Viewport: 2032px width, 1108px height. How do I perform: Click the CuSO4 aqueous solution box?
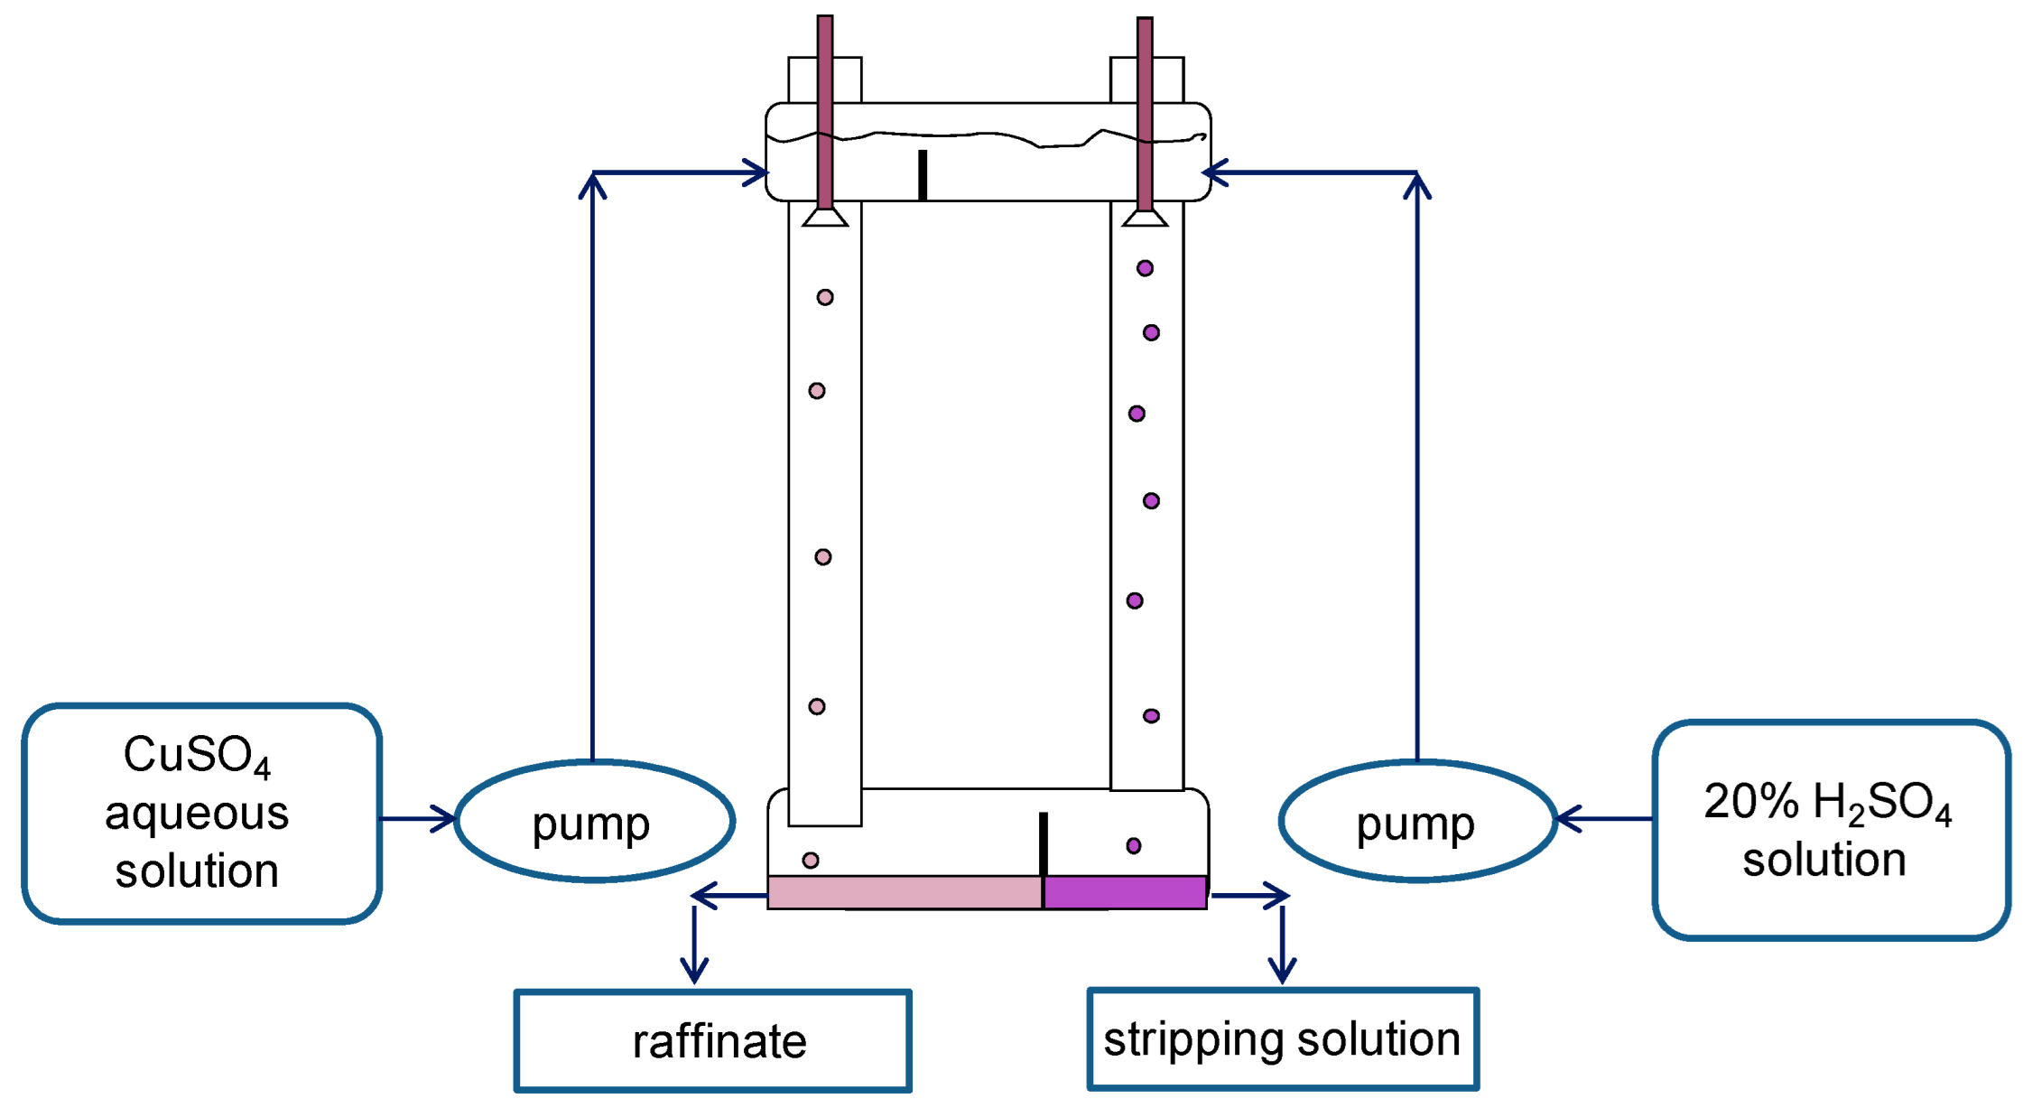[x=201, y=813]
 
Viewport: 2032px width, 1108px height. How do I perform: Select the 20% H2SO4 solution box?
[x=1831, y=830]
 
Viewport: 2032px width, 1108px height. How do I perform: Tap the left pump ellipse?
[x=594, y=821]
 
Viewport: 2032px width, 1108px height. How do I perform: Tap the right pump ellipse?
[x=1417, y=821]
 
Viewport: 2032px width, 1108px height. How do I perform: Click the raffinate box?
[x=712, y=1040]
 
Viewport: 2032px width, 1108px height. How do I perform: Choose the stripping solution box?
[x=1282, y=1038]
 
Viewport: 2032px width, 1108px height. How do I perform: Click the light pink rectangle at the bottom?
[x=905, y=892]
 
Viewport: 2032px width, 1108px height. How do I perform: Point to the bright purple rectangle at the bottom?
[x=1125, y=892]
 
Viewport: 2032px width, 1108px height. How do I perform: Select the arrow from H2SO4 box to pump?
[x=1603, y=819]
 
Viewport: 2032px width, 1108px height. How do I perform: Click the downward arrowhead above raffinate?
[x=694, y=972]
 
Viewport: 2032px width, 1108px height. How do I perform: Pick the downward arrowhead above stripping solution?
[x=1282, y=972]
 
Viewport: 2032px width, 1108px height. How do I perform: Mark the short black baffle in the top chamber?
[x=923, y=174]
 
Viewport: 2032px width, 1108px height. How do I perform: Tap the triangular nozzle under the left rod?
[x=824, y=218]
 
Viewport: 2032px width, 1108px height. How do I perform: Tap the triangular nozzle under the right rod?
[x=1145, y=218]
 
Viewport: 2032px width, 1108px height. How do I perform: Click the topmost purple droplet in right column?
[x=1145, y=268]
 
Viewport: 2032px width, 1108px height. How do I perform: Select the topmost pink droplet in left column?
[x=825, y=297]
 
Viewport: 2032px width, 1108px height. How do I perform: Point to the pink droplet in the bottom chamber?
[x=811, y=861]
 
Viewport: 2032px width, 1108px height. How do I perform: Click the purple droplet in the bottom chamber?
[x=1134, y=846]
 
